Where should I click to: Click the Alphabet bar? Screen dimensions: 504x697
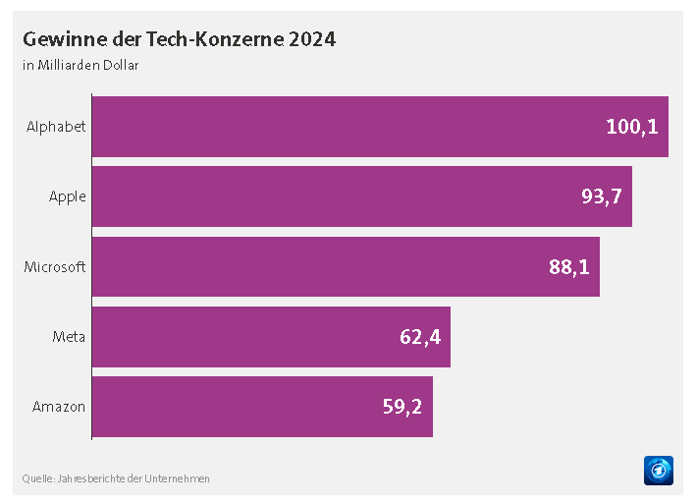point(380,127)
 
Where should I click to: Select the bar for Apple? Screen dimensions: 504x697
point(361,196)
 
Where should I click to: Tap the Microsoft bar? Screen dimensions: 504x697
point(346,266)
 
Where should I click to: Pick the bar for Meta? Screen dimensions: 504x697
point(271,337)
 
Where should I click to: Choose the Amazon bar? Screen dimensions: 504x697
point(262,407)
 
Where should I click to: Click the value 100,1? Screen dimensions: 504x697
point(631,127)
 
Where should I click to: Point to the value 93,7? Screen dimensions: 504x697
point(601,196)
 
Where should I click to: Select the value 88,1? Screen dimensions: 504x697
point(568,266)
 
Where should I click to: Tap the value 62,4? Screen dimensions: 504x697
point(420,337)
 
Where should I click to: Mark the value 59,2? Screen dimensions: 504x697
point(402,407)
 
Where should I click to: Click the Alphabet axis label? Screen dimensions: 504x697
point(56,127)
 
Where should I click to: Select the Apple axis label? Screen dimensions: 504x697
point(68,196)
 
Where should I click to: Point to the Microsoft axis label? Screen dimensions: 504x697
point(55,266)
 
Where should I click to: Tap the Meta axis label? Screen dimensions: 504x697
point(69,337)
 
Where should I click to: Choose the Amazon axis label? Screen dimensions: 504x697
point(59,407)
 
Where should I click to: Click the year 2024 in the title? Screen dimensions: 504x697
point(311,39)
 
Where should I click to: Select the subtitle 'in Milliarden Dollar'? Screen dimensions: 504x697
point(80,66)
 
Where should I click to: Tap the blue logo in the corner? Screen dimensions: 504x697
point(658,470)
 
